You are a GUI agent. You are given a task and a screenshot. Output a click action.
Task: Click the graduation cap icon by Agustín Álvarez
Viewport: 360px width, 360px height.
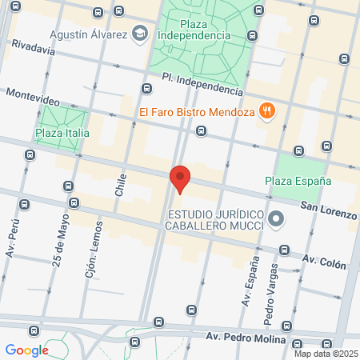pos(141,34)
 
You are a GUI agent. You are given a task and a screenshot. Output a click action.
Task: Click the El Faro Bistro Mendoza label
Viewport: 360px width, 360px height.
pos(196,112)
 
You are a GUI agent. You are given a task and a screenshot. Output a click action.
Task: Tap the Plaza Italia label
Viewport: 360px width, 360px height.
pos(62,133)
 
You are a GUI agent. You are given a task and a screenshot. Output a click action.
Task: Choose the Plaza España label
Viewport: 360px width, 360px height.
pos(298,181)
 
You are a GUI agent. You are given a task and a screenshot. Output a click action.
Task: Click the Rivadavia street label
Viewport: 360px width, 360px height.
pos(33,49)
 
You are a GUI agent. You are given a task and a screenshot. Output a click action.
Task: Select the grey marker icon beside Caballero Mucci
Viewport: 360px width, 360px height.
pos(276,218)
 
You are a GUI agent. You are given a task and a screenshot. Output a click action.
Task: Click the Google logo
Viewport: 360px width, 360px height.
pos(26,350)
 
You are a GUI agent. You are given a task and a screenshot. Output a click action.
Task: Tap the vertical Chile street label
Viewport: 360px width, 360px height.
pos(121,186)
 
